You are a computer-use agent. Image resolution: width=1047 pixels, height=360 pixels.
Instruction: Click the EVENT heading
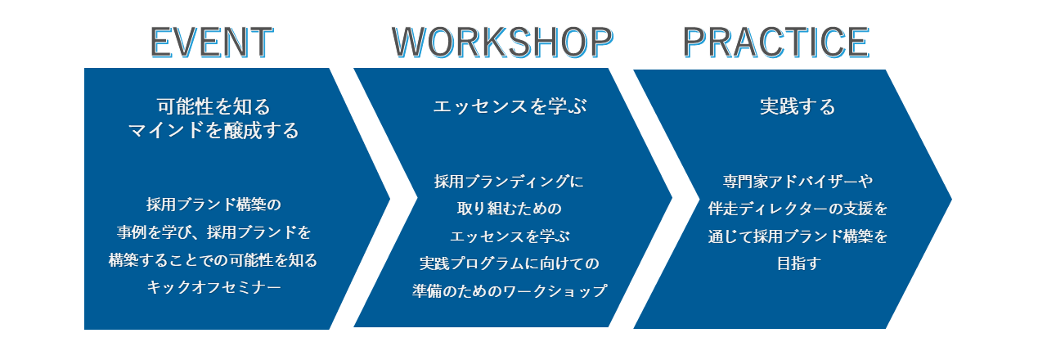[212, 42]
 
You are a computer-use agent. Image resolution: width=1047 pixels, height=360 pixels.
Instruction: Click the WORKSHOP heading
[502, 42]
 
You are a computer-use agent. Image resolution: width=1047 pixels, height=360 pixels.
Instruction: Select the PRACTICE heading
[776, 42]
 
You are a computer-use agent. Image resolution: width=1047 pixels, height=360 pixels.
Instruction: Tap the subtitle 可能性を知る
[213, 106]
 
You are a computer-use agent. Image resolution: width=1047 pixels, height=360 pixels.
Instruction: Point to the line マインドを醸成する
[213, 130]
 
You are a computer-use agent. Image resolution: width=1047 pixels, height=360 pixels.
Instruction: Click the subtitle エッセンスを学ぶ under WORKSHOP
[510, 106]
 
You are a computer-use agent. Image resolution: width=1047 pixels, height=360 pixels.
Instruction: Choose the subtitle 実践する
[798, 106]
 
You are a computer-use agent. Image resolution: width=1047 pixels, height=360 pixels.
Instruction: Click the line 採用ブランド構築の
[213, 205]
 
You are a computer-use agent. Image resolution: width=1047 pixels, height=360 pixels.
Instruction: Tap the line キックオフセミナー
[213, 286]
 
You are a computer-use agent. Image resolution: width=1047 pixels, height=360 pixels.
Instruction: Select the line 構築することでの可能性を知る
[213, 259]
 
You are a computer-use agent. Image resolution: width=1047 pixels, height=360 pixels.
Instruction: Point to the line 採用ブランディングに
[509, 181]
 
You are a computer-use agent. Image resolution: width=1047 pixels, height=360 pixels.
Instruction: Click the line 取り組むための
[510, 208]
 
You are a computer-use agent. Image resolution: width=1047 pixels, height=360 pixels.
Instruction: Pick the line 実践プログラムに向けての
[510, 263]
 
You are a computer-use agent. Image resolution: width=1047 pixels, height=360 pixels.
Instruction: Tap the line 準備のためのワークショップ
[510, 290]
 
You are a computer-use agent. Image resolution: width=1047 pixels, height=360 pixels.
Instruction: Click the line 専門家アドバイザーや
[798, 181]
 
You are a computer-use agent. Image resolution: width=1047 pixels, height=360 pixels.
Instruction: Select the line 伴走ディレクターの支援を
[798, 208]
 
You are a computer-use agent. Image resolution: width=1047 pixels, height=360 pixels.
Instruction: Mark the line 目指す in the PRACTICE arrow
[798, 263]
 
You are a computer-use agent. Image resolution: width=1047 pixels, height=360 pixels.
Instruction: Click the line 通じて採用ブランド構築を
[798, 236]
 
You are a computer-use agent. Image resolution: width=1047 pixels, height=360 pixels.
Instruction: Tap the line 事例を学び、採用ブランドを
[213, 232]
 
